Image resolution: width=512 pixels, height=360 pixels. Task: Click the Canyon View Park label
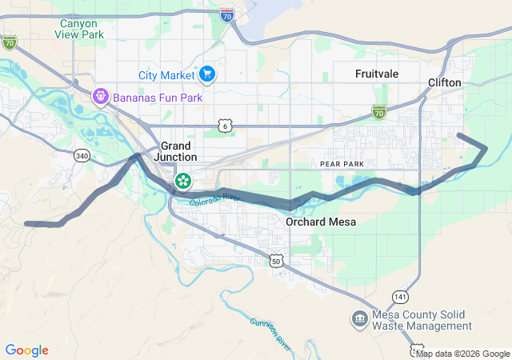82,29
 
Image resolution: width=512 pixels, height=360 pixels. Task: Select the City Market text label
166,75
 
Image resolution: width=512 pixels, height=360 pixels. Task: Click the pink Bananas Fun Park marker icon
100,98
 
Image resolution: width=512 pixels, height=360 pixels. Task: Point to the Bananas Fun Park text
157,98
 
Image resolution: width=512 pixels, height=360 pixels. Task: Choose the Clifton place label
445,82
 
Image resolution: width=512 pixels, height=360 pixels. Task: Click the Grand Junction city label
176,151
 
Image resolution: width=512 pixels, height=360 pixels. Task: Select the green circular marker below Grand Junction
183,180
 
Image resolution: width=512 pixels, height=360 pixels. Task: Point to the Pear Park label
342,163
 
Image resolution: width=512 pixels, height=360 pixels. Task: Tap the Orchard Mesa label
321,222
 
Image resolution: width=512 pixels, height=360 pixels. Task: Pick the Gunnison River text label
271,333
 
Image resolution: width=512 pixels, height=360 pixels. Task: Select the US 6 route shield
225,126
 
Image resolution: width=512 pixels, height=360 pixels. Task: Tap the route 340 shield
82,156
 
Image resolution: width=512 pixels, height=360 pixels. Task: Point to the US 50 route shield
276,261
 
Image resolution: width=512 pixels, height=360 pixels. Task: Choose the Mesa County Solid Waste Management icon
359,319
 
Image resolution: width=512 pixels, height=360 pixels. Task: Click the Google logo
26,350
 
